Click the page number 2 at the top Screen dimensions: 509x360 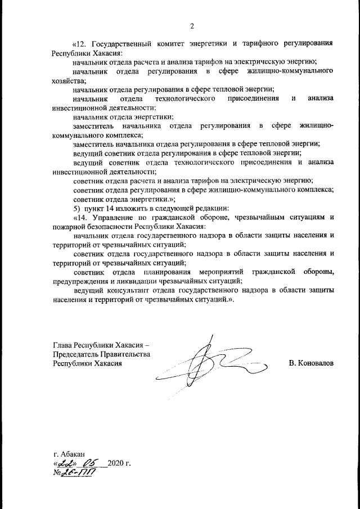pyautogui.click(x=192, y=26)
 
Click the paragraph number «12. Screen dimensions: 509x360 pyautogui.click(x=82, y=43)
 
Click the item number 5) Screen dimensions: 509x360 pyautogui.click(x=77, y=208)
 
